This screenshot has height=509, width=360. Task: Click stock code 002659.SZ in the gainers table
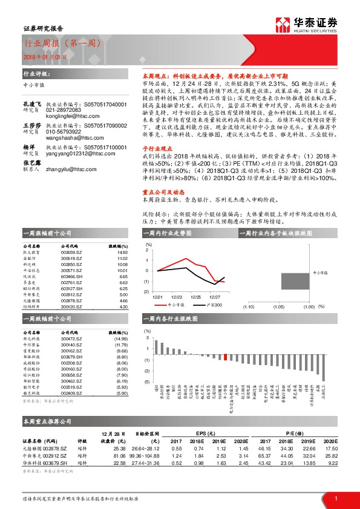(72, 253)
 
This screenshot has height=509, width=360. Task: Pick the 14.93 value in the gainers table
(123, 253)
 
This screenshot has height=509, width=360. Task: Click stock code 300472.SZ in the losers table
(72, 321)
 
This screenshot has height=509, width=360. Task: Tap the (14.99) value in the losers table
(121, 321)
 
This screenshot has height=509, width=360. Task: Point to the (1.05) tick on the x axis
(279, 307)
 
